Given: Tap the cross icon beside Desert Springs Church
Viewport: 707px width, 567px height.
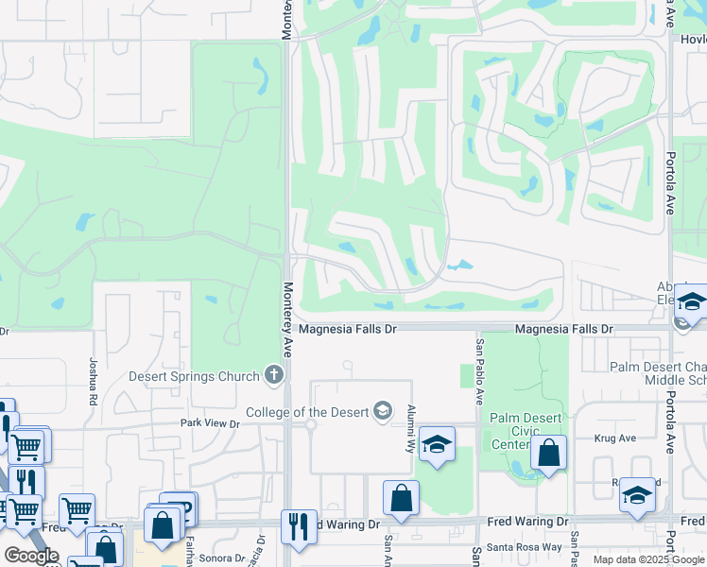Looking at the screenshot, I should click(x=274, y=376).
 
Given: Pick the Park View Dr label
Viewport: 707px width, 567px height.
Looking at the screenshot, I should click(x=210, y=423).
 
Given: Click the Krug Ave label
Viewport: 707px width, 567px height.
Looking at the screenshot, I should click(x=611, y=438).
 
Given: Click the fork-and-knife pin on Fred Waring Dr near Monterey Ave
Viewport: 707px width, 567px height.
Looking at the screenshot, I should click(x=299, y=527).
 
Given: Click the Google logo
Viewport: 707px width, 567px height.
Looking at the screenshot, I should click(x=31, y=556).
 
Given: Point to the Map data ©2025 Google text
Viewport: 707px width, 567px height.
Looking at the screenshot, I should click(x=647, y=559).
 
